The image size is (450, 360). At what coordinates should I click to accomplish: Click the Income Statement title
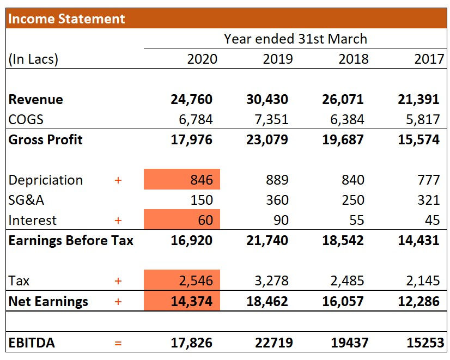tap(66, 19)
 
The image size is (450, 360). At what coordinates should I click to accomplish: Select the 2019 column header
tap(277, 59)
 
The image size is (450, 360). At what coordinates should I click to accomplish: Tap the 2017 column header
tap(429, 59)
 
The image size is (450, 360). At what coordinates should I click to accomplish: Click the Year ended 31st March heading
tap(295, 39)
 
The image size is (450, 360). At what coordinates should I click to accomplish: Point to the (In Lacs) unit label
tap(33, 59)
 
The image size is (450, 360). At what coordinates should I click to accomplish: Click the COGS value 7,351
tap(267, 119)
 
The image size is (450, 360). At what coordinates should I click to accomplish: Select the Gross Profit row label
tap(46, 139)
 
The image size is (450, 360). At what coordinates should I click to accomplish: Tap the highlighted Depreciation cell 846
tap(183, 180)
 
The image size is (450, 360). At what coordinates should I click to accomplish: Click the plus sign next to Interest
tap(118, 221)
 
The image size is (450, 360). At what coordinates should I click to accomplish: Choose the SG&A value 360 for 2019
tap(277, 200)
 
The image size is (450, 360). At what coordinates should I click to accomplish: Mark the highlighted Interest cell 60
tap(183, 221)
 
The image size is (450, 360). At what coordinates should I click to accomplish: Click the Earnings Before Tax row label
tap(71, 240)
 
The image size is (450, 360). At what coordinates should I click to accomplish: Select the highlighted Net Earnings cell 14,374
tap(183, 301)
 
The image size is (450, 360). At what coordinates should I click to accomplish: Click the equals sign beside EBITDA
tap(118, 343)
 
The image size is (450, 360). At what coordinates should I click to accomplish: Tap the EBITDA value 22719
tap(271, 343)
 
